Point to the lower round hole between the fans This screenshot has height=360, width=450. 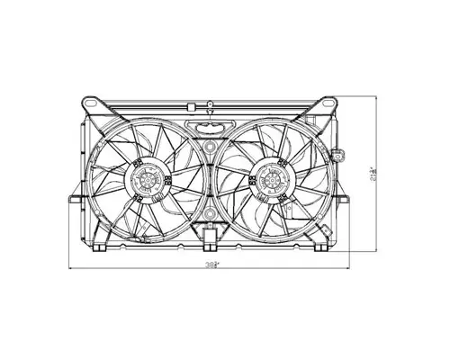(210, 214)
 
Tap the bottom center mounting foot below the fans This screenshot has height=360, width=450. (210, 238)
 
